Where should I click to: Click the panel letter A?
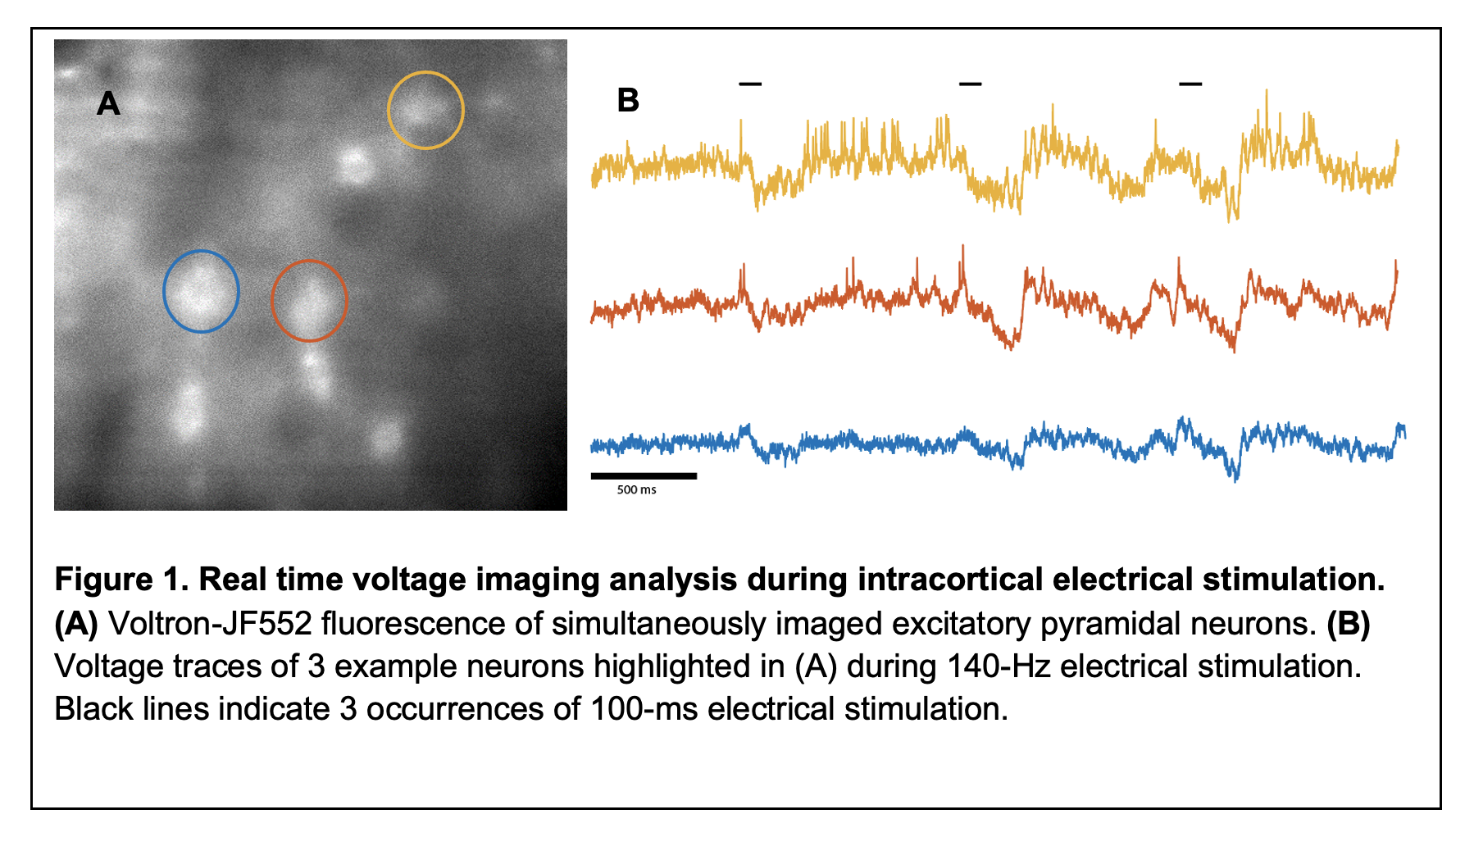coord(108,104)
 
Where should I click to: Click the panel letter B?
coord(628,101)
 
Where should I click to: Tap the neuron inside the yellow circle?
coord(425,110)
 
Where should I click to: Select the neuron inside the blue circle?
coord(201,291)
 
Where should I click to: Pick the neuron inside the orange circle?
coord(309,301)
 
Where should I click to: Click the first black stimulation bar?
coord(750,84)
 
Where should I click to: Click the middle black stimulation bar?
coord(970,84)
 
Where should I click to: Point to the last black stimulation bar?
coord(1190,84)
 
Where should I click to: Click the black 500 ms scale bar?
coord(644,475)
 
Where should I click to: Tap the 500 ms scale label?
coord(636,490)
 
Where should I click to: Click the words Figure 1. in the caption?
coord(121,580)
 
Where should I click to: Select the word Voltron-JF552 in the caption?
coord(210,624)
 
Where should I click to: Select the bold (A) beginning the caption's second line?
coord(76,624)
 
